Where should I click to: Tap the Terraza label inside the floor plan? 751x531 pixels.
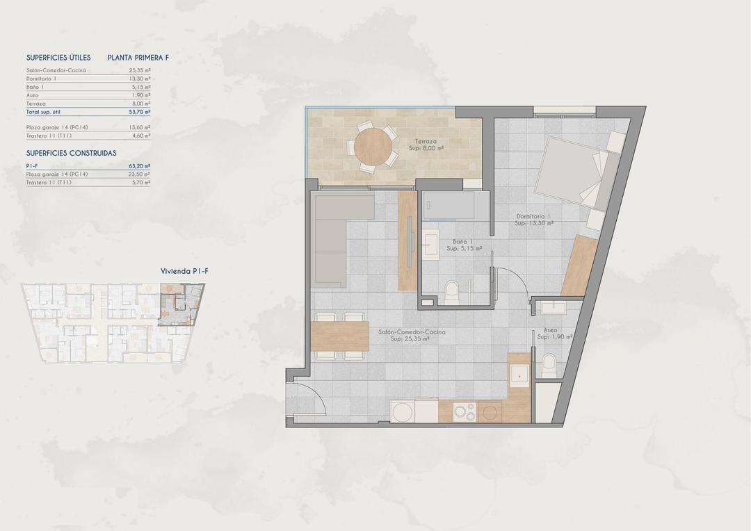coord(426,144)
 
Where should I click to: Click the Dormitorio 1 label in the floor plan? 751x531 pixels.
coord(533,220)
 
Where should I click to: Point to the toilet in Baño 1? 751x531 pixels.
coord(452,292)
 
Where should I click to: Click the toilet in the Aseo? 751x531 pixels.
coord(549,363)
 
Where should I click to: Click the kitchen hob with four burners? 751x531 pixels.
coord(465,411)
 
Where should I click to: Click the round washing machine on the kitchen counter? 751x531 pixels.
coord(402,412)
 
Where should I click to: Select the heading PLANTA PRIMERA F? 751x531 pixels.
coord(138,58)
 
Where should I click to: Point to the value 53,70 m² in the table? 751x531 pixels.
coord(140,111)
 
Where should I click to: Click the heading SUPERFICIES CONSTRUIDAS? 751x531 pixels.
coord(71,153)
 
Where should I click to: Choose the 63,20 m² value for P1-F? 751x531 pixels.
coord(140,166)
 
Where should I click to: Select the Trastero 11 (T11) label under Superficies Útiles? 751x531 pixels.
coord(49,136)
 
